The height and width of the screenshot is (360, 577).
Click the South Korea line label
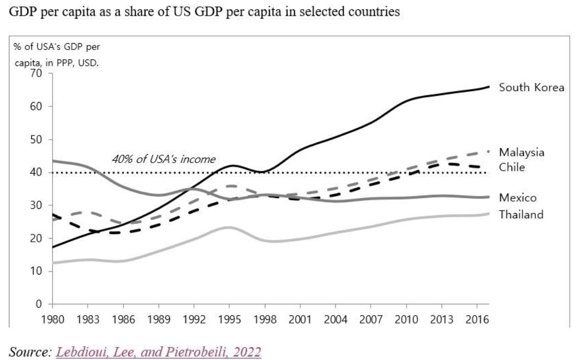(531, 88)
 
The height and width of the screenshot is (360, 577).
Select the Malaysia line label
(521, 153)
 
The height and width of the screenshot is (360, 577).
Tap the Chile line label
(512, 168)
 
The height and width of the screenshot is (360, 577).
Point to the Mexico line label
(517, 198)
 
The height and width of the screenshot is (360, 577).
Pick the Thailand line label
(521, 215)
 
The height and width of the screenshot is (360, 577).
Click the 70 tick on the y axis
(35, 73)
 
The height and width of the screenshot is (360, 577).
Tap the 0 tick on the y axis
(39, 304)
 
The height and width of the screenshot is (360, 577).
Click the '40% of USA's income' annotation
(163, 159)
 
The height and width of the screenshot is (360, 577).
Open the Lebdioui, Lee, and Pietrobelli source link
(158, 352)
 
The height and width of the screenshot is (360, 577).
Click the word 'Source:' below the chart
(30, 352)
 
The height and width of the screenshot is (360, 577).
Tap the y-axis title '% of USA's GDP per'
(56, 47)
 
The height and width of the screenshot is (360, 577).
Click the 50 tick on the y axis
(35, 139)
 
